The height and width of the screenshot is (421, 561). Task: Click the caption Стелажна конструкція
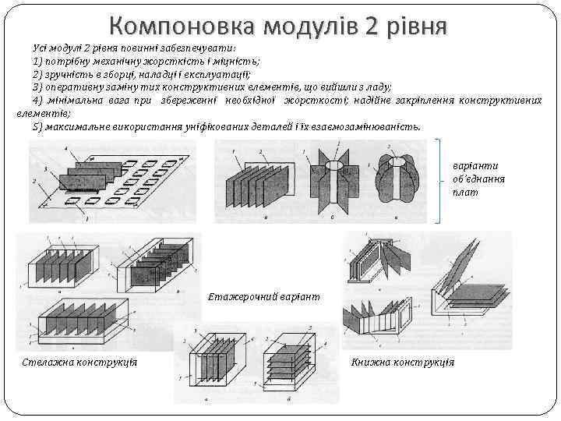coord(79,363)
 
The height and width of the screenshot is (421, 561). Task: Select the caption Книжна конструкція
coord(403,363)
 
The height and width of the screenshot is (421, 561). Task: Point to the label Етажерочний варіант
coord(263,297)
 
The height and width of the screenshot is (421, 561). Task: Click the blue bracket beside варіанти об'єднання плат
coord(443,180)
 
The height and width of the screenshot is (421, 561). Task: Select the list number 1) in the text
coord(38,61)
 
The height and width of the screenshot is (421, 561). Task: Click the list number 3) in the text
coord(38,87)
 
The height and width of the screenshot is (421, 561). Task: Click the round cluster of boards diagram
coord(397,179)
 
